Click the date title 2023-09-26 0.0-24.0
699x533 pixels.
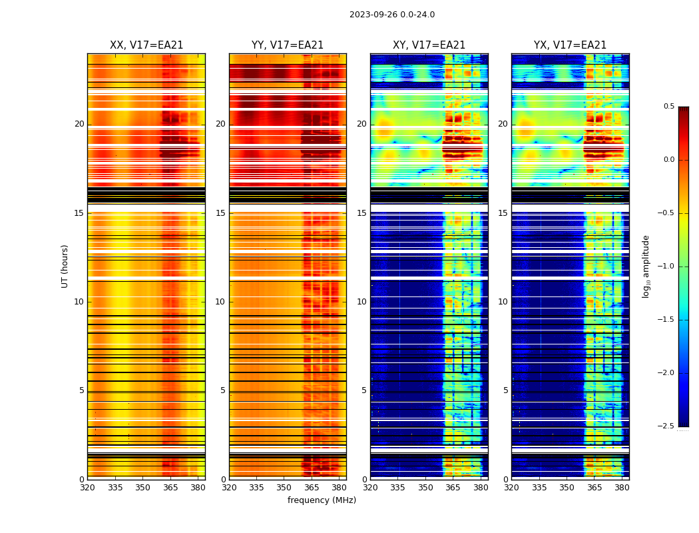(x=392, y=15)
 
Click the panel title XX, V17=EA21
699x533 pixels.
(x=146, y=45)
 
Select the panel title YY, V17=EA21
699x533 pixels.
(x=288, y=45)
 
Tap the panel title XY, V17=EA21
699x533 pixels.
(x=429, y=45)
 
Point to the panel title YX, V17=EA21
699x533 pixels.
(x=570, y=45)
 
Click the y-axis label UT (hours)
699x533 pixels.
(x=65, y=266)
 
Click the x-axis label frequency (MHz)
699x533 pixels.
(x=322, y=500)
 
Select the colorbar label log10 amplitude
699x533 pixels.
(x=646, y=266)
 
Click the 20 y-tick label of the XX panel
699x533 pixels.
(x=79, y=124)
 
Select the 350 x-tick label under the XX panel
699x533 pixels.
(x=142, y=488)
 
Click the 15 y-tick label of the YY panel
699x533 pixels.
(x=220, y=213)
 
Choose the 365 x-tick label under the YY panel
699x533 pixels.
(x=312, y=488)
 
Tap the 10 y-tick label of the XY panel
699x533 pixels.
(x=361, y=302)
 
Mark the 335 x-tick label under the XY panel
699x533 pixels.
(x=397, y=488)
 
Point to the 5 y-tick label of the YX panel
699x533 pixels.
(x=505, y=390)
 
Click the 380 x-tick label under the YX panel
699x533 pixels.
(x=622, y=488)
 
